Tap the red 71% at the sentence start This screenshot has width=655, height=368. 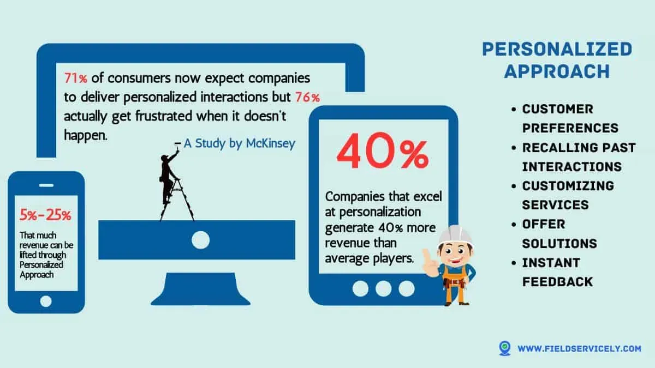[x=75, y=77]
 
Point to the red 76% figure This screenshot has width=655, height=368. [x=307, y=98]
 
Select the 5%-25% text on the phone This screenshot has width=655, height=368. [x=46, y=215]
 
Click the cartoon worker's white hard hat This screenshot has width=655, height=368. [x=455, y=235]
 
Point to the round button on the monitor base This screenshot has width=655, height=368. [x=200, y=239]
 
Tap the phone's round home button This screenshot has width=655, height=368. [x=46, y=300]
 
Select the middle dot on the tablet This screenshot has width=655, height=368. [x=383, y=288]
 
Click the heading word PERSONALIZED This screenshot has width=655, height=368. [x=557, y=50]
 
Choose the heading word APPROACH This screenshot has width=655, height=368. [x=557, y=71]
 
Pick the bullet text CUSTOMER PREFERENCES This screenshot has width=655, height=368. [x=570, y=118]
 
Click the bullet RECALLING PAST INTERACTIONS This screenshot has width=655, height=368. [x=578, y=157]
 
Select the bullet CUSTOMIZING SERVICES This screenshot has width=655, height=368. [x=568, y=195]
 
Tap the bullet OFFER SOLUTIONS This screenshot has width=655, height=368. [x=559, y=233]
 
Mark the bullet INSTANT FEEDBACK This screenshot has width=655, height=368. [x=557, y=272]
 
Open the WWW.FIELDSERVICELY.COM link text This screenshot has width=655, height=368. [x=579, y=348]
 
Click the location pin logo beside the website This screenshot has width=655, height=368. [x=505, y=348]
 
